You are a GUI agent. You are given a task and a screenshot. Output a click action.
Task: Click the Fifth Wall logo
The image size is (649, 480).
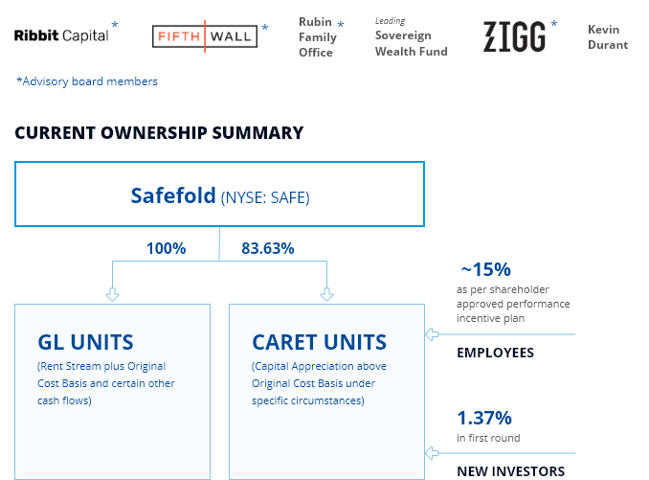205,36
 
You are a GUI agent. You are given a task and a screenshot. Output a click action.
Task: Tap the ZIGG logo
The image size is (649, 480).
514,36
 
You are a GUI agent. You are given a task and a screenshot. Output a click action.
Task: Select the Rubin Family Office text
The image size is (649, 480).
317,36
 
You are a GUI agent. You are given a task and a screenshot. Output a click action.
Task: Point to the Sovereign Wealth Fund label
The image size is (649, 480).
411,43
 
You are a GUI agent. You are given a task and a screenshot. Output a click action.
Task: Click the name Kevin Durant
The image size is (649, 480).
608,36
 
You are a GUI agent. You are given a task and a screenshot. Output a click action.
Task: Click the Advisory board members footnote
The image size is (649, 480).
87,81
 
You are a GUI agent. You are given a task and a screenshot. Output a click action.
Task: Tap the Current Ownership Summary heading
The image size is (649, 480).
159,133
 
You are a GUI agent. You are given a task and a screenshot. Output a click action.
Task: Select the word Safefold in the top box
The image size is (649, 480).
173,196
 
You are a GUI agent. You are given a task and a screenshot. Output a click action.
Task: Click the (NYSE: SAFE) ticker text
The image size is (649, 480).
265,198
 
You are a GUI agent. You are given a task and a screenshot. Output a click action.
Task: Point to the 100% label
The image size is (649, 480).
166,248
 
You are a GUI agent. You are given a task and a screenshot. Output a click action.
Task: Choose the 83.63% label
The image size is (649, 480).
268,248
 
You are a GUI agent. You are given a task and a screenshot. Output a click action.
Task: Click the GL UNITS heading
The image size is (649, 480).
85,342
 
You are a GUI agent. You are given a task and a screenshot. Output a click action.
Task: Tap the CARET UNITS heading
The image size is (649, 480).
319,342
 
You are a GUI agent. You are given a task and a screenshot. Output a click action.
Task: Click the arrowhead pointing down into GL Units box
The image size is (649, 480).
113,295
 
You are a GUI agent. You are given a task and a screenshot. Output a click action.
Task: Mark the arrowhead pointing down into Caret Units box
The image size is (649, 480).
327,295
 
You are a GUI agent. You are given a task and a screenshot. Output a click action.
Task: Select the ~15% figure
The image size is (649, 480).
485,269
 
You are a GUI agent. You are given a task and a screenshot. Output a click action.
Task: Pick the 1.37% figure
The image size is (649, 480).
484,418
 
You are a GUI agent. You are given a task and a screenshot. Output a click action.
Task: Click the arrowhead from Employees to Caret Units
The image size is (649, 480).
431,334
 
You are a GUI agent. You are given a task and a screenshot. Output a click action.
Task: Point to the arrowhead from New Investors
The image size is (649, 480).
431,452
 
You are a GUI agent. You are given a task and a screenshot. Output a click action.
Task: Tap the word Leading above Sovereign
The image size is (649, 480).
390,21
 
